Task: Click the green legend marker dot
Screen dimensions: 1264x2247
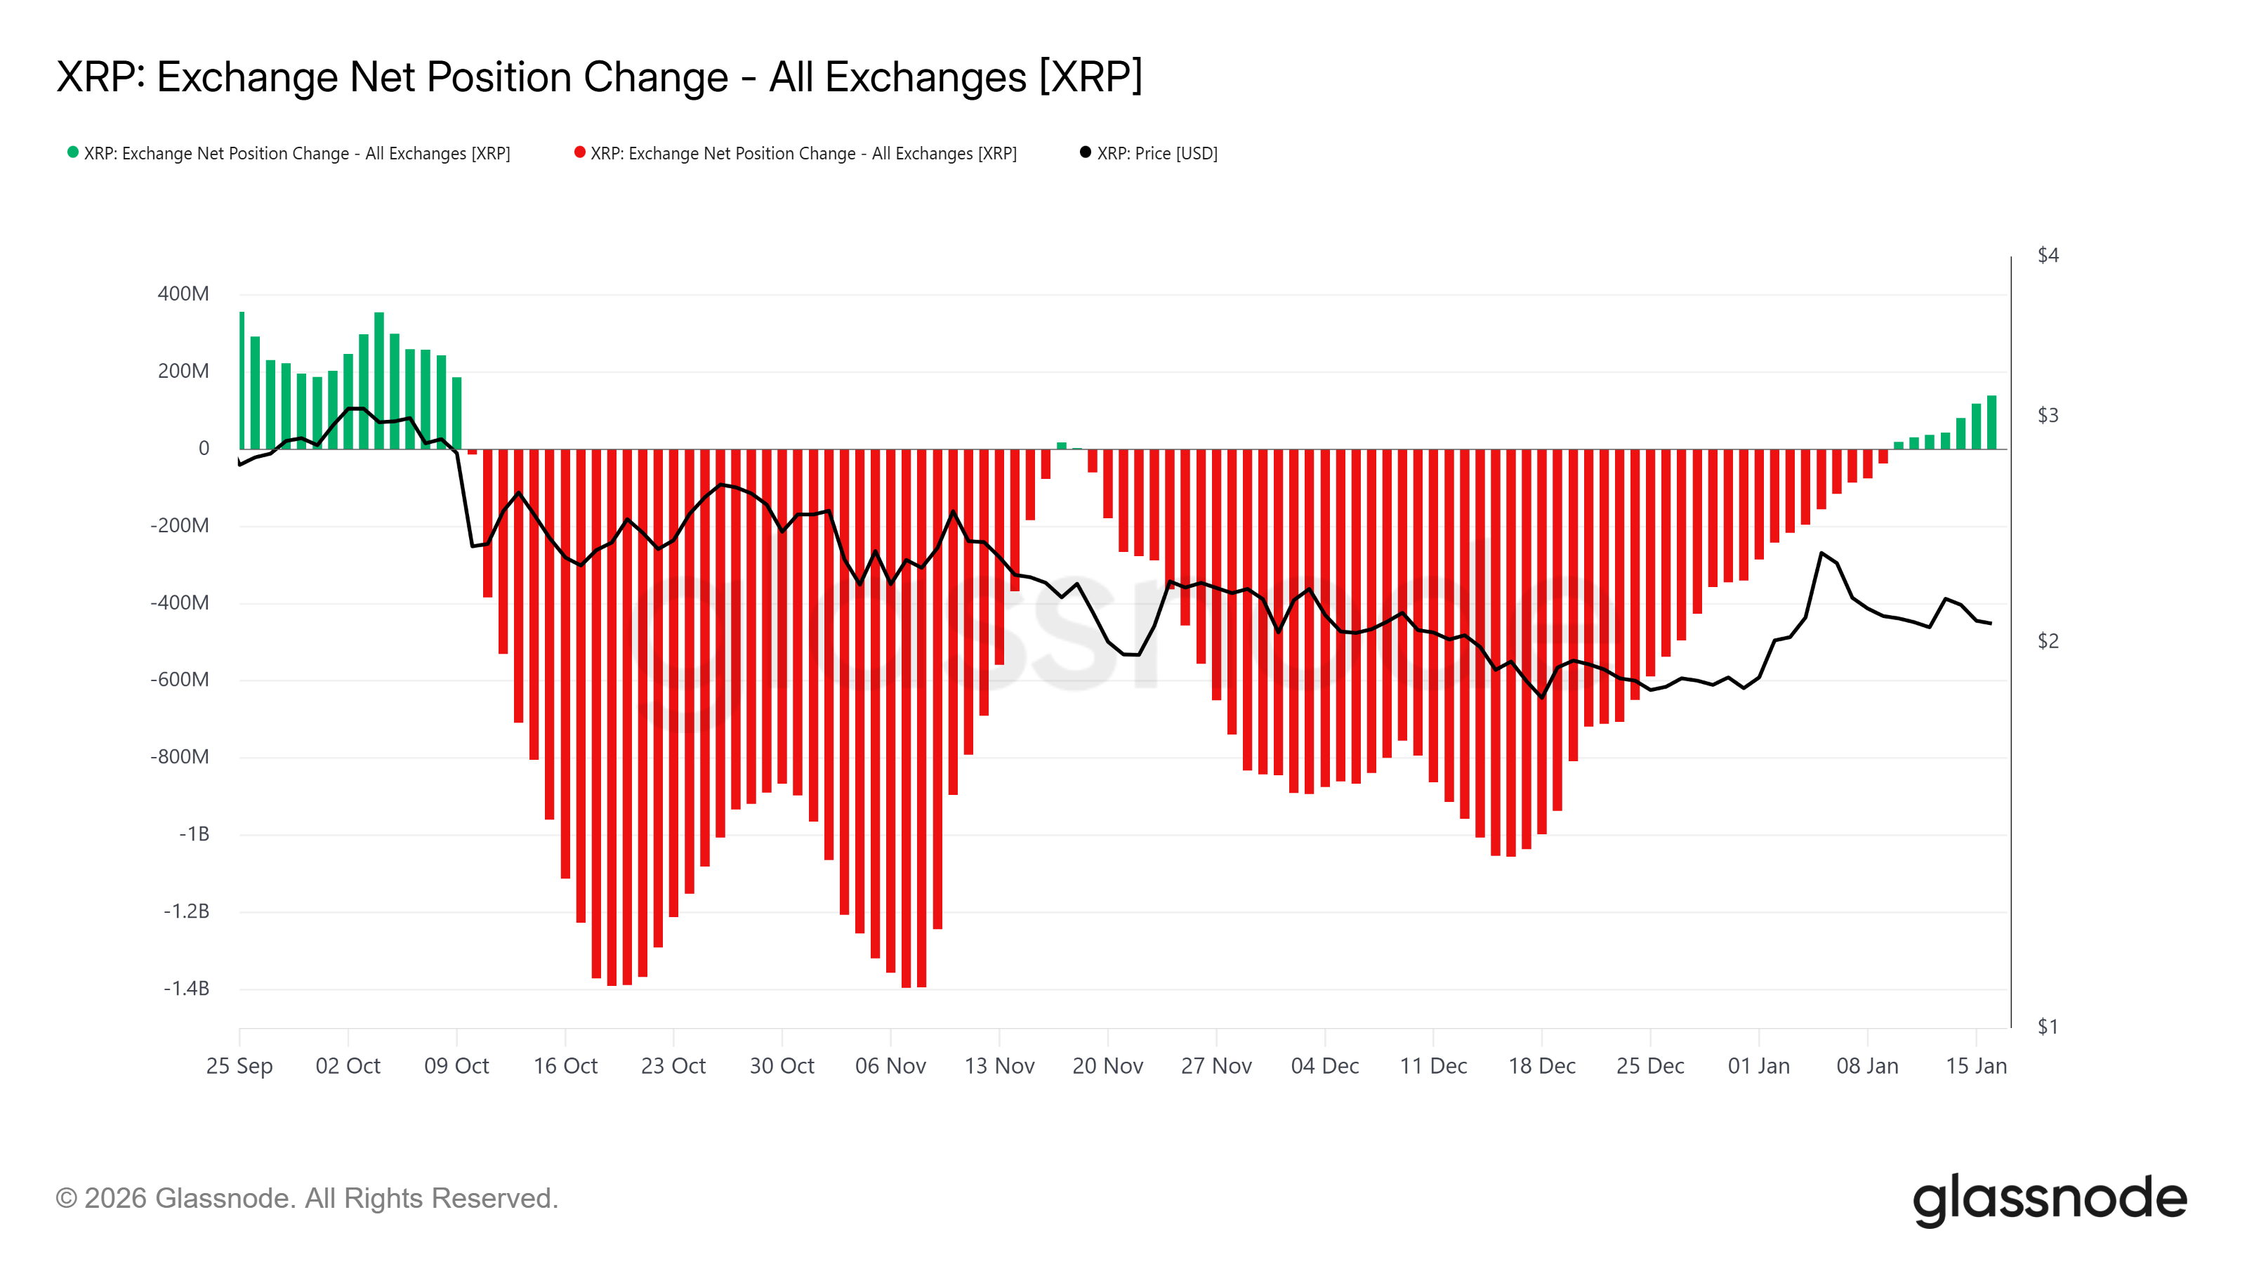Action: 73,152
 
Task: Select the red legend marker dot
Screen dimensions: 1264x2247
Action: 579,152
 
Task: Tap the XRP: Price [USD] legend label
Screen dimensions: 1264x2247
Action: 1157,154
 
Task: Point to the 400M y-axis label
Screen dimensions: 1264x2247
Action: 183,294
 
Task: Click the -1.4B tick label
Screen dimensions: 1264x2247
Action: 186,988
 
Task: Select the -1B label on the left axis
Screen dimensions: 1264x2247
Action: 194,834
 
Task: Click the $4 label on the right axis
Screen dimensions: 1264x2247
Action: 2048,255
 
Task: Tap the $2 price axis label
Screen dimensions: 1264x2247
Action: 2048,641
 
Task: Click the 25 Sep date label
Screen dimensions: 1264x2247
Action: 239,1066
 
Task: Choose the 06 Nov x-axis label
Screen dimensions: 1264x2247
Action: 890,1066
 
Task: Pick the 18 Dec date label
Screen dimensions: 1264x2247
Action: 1541,1066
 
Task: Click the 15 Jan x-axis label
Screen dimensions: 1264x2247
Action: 1976,1066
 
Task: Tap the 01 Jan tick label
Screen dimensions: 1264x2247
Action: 1758,1066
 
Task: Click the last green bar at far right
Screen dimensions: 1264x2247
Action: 1991,423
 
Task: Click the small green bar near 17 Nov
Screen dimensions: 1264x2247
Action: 1062,446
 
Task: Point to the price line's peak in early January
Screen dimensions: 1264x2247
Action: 1821,553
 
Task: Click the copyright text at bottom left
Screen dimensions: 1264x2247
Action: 306,1199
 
